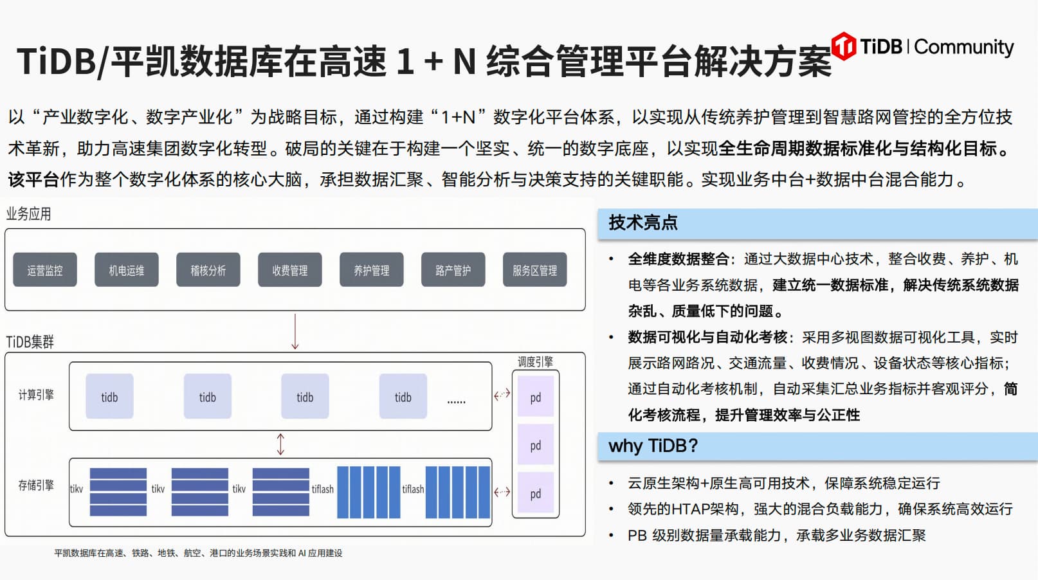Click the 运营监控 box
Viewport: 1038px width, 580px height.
[x=45, y=270]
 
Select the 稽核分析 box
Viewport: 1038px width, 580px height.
[x=208, y=270]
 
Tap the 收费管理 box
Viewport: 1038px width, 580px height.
[x=290, y=270]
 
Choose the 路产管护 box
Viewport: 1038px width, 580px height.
[x=453, y=270]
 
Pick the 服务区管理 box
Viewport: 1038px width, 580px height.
[x=535, y=270]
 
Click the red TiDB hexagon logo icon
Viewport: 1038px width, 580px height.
[x=844, y=46]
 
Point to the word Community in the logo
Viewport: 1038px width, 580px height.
[x=963, y=47]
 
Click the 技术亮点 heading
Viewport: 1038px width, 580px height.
[x=643, y=223]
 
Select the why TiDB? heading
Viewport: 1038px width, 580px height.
[x=653, y=446]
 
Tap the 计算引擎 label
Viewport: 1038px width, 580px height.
[x=36, y=395]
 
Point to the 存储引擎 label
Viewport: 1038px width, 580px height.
[x=36, y=485]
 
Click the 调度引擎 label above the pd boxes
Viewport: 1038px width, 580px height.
[x=535, y=362]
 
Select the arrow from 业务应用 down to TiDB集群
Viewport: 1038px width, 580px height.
[x=295, y=331]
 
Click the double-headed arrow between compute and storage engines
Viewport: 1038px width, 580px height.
[x=280, y=444]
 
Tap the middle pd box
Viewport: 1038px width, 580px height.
[x=536, y=446]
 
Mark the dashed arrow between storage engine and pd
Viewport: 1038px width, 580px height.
[x=502, y=492]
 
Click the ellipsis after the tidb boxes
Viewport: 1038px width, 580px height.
[x=456, y=401]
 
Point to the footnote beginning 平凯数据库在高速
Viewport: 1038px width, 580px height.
[x=198, y=553]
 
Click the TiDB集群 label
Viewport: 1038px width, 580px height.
[x=30, y=341]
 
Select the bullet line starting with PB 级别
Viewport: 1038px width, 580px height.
[x=776, y=536]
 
